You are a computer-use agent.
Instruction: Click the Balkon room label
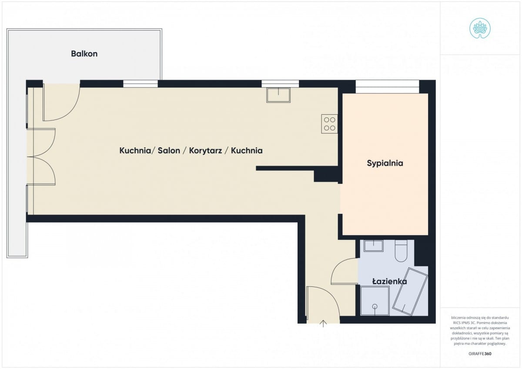point(84,54)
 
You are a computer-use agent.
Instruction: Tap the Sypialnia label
point(385,163)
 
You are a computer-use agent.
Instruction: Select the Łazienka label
point(390,282)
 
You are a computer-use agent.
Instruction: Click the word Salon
point(169,151)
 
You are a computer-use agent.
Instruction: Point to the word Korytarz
point(205,151)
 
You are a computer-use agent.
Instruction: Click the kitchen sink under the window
point(278,95)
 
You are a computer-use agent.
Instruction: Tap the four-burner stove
point(330,124)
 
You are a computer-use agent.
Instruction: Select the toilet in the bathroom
point(401,251)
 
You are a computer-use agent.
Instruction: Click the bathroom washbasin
point(374,246)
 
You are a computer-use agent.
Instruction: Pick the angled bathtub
point(410,292)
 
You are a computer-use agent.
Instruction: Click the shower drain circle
point(375,306)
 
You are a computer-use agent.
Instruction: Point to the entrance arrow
point(323,324)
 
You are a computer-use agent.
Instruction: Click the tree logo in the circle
point(480,28)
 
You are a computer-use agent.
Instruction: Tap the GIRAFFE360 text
point(480,354)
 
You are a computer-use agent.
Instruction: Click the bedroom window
point(387,86)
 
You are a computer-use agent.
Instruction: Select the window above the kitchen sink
point(280,83)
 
